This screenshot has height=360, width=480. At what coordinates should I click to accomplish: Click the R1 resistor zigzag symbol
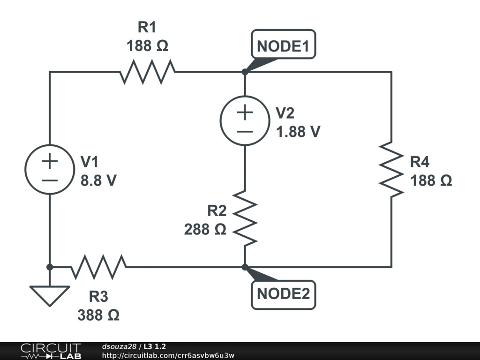point(148,72)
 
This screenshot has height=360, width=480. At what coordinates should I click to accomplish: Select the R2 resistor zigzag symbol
point(245,217)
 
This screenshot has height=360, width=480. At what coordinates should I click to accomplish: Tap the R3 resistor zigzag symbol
point(98,267)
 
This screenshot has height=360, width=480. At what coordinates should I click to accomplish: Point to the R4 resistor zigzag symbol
point(391,169)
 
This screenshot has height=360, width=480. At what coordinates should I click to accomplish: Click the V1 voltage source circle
point(49,170)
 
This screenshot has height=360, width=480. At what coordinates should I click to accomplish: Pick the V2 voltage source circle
point(245,120)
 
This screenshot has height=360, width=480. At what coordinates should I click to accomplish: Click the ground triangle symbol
point(49,296)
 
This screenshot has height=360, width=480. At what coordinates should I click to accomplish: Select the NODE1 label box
point(283,45)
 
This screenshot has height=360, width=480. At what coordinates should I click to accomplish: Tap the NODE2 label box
point(283,294)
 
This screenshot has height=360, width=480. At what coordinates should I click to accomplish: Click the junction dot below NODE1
point(245,72)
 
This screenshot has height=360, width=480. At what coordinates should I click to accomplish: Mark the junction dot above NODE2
point(245,267)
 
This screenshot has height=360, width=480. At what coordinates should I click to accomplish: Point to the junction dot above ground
point(49,267)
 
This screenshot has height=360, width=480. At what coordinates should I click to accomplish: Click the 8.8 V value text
point(98,181)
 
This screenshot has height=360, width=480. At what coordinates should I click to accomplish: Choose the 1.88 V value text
point(298,132)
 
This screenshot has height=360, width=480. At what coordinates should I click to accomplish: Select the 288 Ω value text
point(205,230)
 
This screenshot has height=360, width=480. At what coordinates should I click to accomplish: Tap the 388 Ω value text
point(98,315)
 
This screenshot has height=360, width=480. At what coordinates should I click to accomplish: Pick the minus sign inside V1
point(49,180)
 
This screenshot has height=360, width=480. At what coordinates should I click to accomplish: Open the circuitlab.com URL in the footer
point(168,355)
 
